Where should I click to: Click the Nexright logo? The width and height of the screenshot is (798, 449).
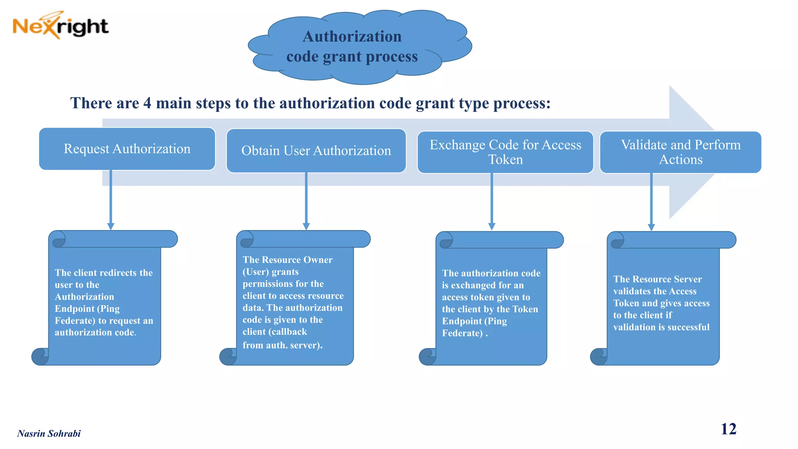[60, 26]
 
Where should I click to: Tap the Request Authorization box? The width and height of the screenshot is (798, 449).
[127, 149]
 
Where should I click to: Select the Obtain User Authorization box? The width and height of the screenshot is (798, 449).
[316, 151]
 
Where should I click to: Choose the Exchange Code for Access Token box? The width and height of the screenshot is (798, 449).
[505, 152]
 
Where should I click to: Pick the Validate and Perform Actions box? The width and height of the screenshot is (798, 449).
[680, 152]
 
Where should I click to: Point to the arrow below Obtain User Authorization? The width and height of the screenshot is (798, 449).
[306, 201]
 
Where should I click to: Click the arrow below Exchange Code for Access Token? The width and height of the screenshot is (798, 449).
[492, 202]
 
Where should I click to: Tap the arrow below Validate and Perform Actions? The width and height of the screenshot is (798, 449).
[651, 202]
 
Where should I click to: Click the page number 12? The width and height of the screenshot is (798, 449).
[728, 429]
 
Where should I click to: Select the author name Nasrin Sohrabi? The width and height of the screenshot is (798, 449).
[49, 433]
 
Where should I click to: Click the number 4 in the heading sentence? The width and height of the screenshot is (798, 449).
[147, 103]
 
